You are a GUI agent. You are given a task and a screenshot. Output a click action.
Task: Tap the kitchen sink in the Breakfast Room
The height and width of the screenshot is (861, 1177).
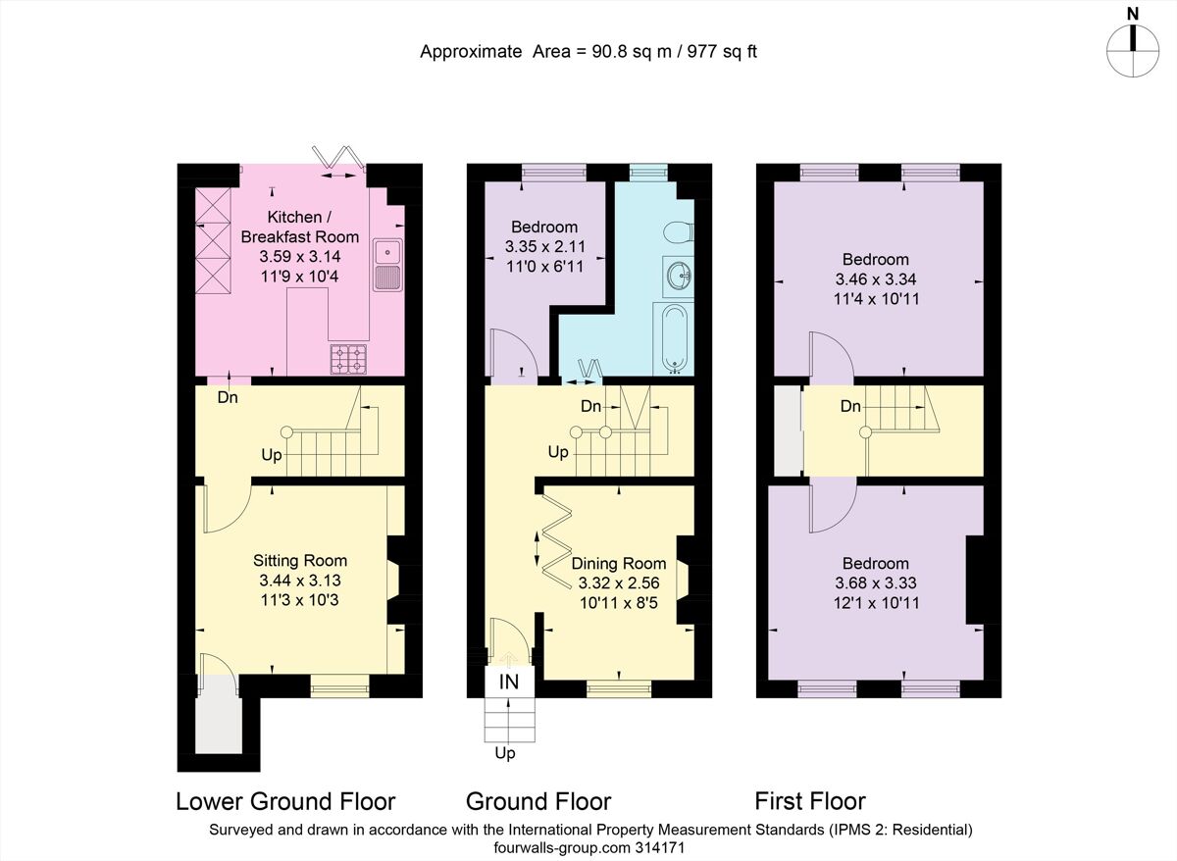pos(387,263)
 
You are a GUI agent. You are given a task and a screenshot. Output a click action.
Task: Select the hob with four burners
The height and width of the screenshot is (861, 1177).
pos(349,359)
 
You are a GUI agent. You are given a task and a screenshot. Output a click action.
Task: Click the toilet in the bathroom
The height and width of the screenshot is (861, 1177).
pos(677,233)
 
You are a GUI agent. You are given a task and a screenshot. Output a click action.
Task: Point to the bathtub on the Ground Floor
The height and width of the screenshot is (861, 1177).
pos(674,339)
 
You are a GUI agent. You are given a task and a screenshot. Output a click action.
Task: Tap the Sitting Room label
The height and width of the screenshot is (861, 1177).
pos(300,561)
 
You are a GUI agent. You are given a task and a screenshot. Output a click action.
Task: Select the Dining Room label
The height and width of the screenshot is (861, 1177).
pos(619,564)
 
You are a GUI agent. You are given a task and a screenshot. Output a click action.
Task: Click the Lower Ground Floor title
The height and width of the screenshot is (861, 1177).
pos(285,801)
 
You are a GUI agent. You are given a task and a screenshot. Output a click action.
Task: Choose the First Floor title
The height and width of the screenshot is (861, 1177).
pos(810,801)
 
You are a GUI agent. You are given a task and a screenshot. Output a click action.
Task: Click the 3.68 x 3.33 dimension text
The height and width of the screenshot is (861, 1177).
pos(876,583)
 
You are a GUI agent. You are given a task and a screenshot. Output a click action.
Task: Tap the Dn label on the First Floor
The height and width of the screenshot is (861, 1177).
pos(850,405)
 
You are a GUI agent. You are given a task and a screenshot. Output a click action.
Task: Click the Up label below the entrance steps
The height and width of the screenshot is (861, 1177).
pos(504,754)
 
